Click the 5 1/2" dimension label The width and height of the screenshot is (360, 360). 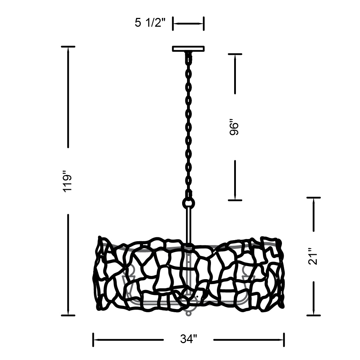tap(150, 23)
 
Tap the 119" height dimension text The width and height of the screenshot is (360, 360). tap(68, 181)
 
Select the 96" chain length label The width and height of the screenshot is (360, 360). tap(234, 127)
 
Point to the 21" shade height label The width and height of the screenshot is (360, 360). tap(313, 256)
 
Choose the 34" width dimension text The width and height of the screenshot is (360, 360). tap(188, 339)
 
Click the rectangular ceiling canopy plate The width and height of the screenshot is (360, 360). tap(188, 49)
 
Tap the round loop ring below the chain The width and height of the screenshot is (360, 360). tap(188, 203)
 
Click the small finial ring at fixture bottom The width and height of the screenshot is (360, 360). tap(189, 313)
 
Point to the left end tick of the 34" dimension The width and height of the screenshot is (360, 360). tap(93, 340)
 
